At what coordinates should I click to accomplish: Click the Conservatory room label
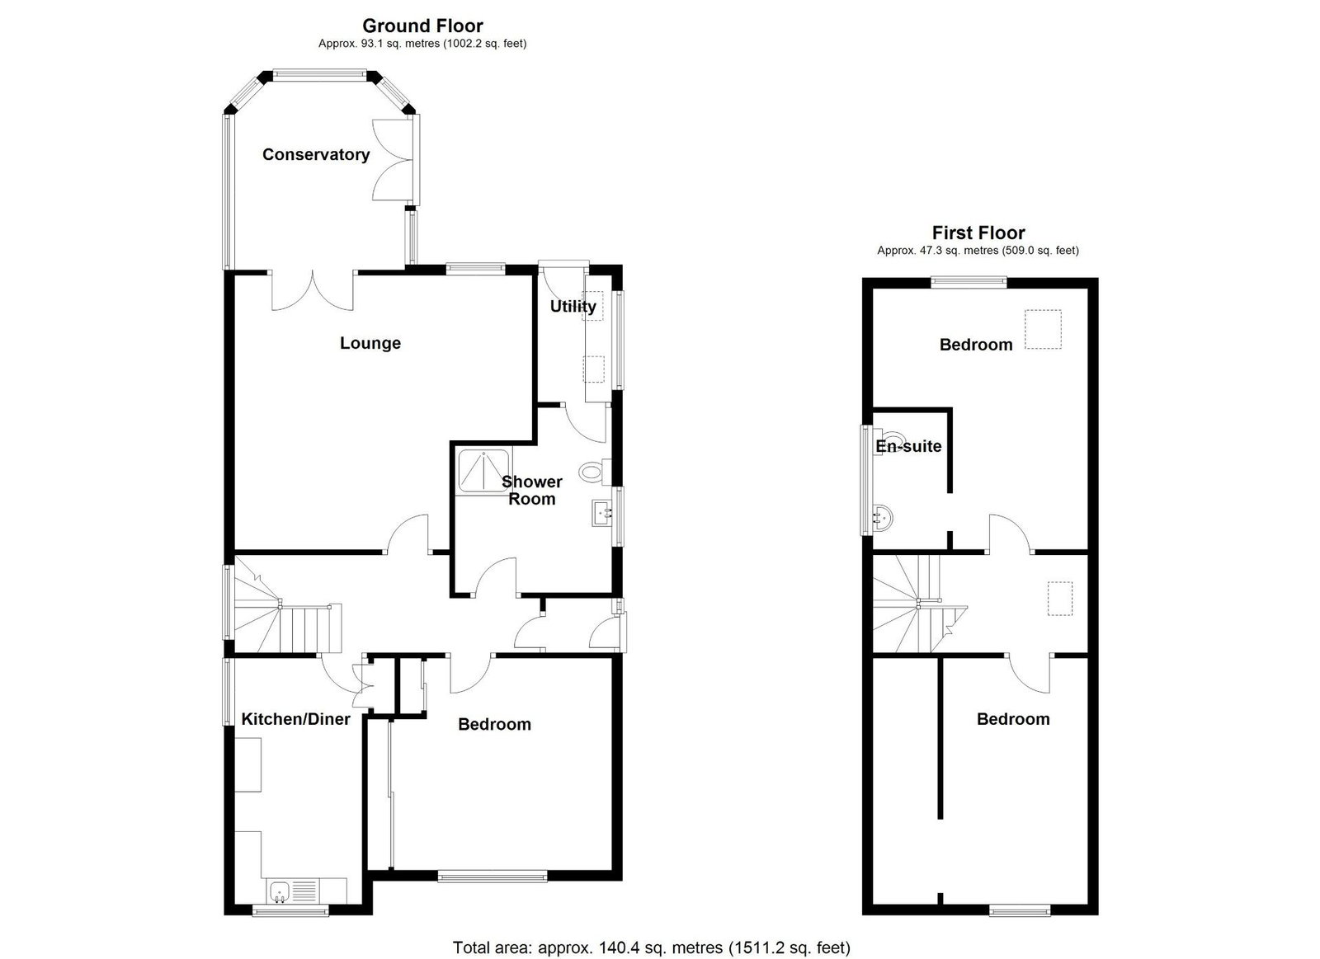click(x=316, y=154)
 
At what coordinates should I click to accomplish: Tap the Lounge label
click(x=370, y=343)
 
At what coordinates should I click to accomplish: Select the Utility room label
click(x=573, y=307)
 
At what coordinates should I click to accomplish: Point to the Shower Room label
click(x=531, y=490)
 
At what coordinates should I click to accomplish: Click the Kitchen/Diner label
click(x=296, y=719)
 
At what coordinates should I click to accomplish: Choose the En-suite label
click(x=908, y=446)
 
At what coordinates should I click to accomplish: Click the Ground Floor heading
click(x=422, y=26)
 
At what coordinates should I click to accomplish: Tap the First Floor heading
click(x=978, y=233)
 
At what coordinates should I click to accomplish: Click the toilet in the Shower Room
click(x=594, y=472)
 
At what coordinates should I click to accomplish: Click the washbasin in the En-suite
click(x=883, y=518)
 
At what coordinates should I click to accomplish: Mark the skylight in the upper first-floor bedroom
click(x=1043, y=329)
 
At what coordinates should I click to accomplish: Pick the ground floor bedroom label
click(x=494, y=724)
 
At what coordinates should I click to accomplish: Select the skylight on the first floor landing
click(x=1059, y=599)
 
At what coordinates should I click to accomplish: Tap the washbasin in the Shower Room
click(x=601, y=514)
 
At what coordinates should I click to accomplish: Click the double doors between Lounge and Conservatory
click(x=313, y=290)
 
